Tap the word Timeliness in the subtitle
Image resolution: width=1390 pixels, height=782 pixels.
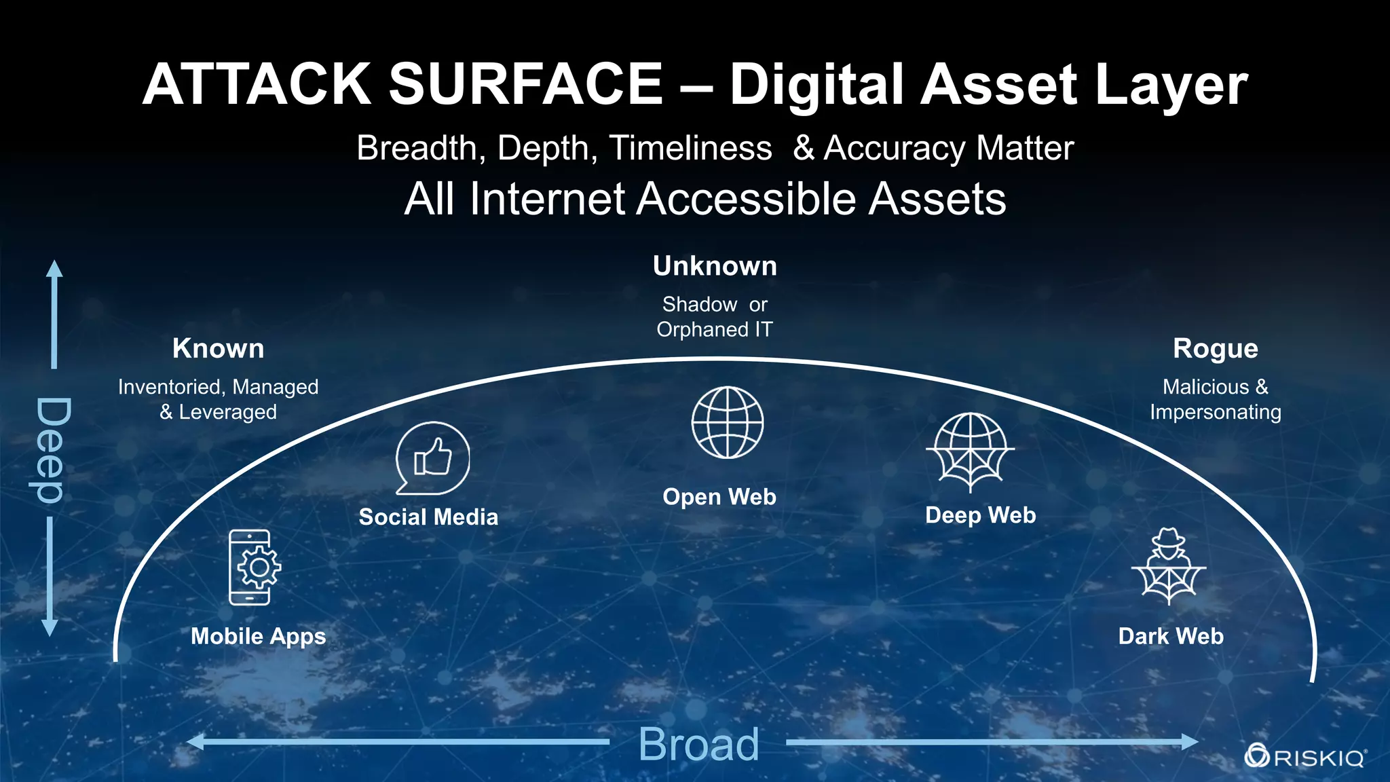pos(690,148)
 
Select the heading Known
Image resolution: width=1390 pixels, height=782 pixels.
pos(218,349)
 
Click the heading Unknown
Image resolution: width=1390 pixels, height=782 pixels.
pos(715,266)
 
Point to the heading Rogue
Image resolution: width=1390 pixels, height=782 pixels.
pos(1215,349)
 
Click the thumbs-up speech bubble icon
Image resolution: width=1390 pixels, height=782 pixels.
pos(432,458)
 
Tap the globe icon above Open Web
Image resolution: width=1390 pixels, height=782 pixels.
pos(727,422)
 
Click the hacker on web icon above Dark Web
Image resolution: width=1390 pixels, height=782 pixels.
pos(1168,567)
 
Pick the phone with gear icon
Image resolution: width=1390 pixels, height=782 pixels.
pos(253,567)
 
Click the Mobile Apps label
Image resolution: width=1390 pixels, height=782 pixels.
pos(259,637)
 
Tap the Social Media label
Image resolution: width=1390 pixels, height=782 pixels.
pos(428,517)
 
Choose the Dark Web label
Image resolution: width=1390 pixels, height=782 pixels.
pos(1171,637)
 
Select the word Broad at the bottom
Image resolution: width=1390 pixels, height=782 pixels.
pos(698,745)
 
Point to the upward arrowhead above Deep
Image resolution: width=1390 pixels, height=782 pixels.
pos(54,269)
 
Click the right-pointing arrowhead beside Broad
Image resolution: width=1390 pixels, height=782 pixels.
pos(1189,742)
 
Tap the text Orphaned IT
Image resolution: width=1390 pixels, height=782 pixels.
pos(715,330)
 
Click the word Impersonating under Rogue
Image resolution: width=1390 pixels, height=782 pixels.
pos(1215,412)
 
